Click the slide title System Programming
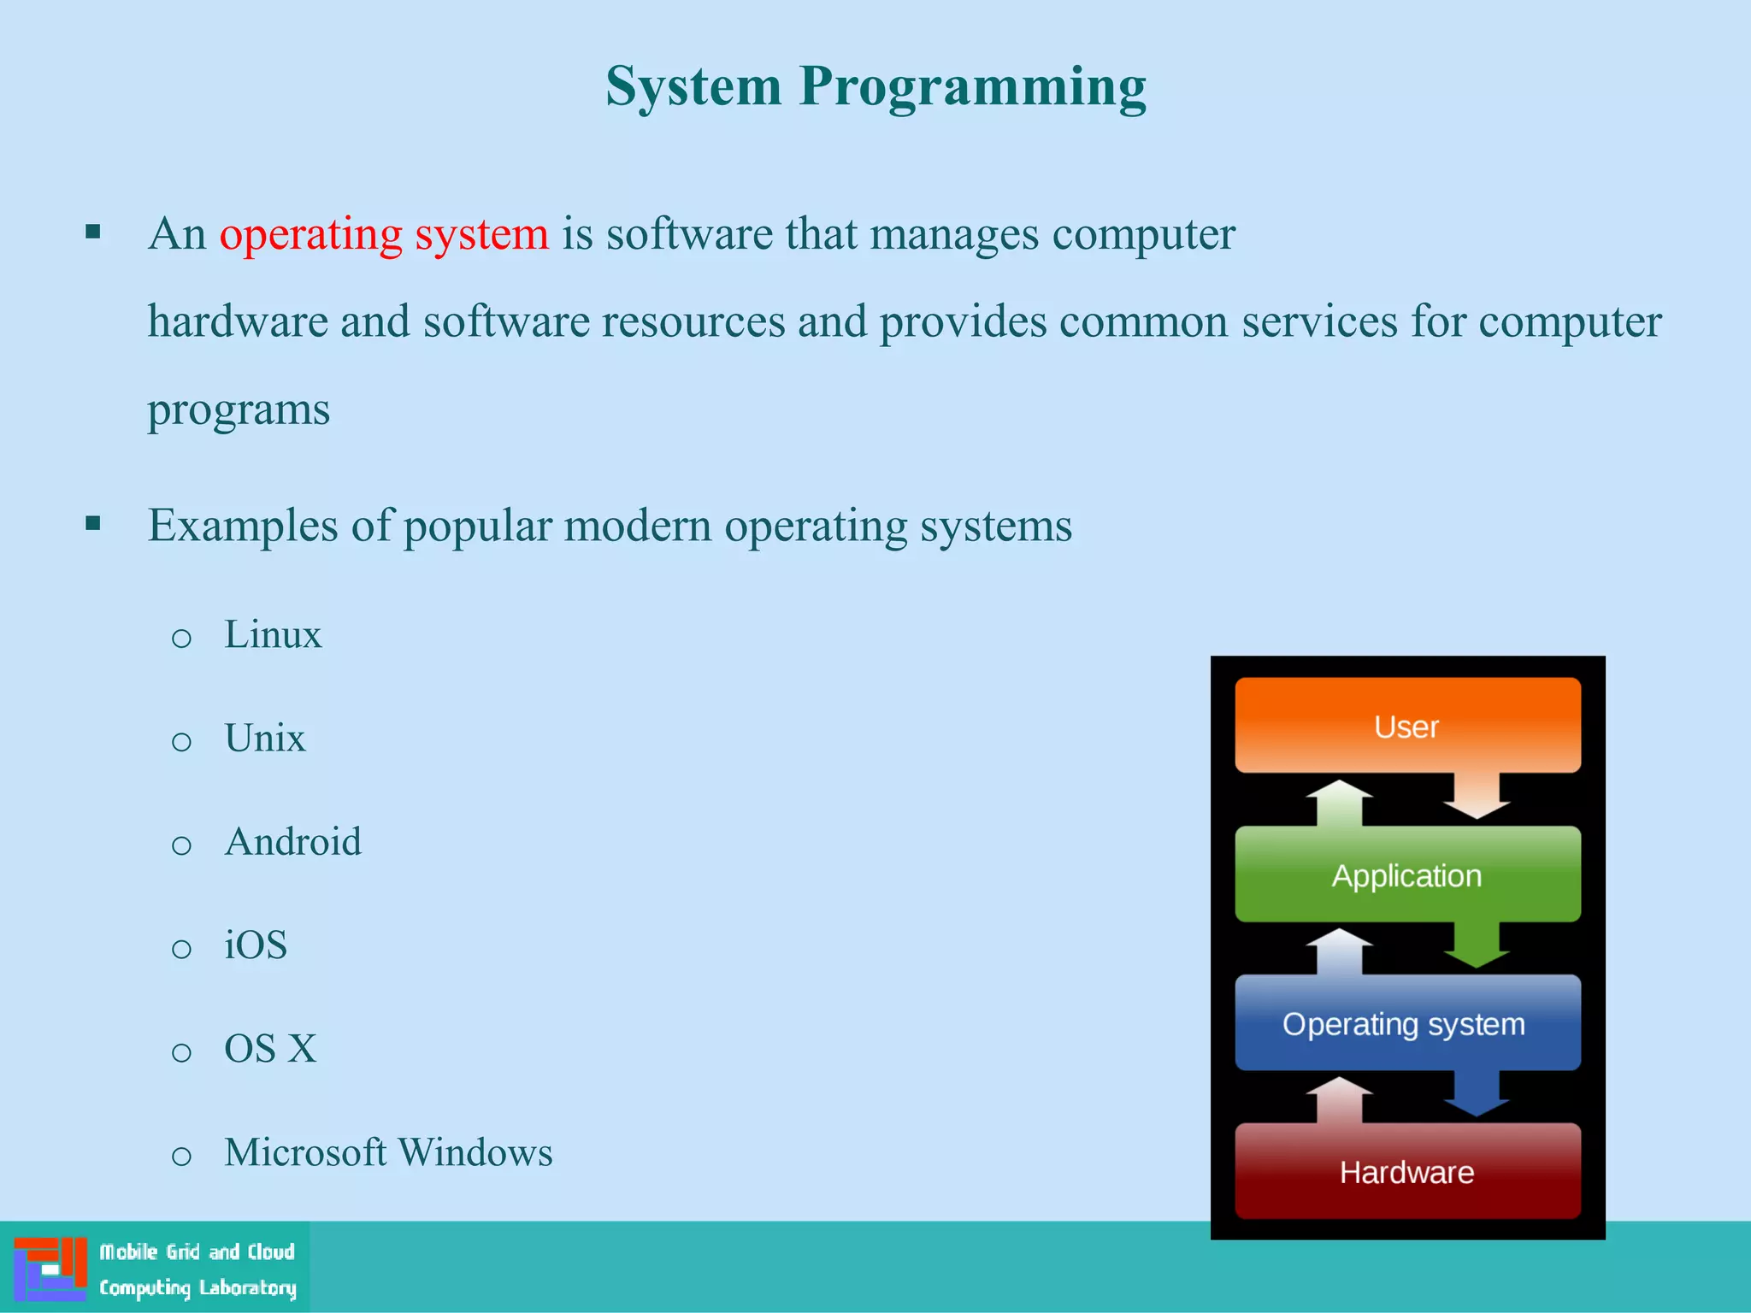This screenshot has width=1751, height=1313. pyautogui.click(x=875, y=87)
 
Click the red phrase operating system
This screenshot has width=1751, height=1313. pyautogui.click(x=384, y=234)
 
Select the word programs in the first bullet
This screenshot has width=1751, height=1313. pyautogui.click(x=239, y=409)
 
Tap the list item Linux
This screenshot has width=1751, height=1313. pyautogui.click(x=273, y=635)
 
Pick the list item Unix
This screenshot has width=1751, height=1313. pyautogui.click(x=264, y=739)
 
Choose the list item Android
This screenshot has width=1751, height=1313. pyautogui.click(x=292, y=842)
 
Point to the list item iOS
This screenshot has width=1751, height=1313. pyautogui.click(x=255, y=945)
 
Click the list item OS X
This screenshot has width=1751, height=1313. pyautogui.click(x=270, y=1049)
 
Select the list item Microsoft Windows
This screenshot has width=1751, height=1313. pyautogui.click(x=388, y=1152)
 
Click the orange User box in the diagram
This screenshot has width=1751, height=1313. pyautogui.click(x=1407, y=726)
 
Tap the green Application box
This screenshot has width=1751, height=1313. pyautogui.click(x=1407, y=874)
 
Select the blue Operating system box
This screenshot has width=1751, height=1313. pyautogui.click(x=1407, y=1023)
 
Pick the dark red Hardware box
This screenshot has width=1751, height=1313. pyautogui.click(x=1407, y=1171)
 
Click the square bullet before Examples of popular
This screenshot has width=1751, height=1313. pyautogui.click(x=93, y=523)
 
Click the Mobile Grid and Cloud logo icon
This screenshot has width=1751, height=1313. pyautogui.click(x=50, y=1269)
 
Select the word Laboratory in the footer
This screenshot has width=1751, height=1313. pyautogui.click(x=247, y=1288)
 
